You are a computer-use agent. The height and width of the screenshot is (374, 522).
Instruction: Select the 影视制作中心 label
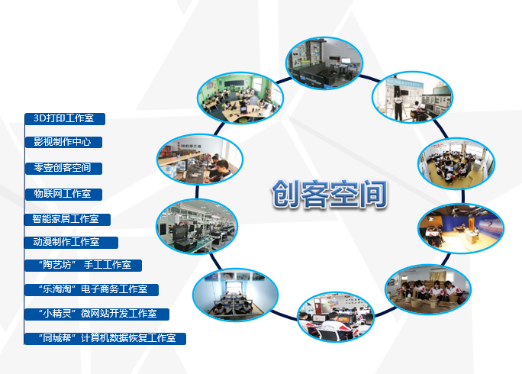pyautogui.click(x=63, y=142)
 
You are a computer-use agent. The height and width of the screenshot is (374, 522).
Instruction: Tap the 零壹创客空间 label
pyautogui.click(x=63, y=167)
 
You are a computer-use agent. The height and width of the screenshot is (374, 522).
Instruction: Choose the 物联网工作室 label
pyautogui.click(x=63, y=194)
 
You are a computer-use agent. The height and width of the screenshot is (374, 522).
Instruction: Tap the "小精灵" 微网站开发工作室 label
pyautogui.click(x=98, y=314)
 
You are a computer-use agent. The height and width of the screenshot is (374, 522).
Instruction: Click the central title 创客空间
pyautogui.click(x=330, y=195)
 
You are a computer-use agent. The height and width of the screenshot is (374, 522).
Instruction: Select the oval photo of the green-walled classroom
pyautogui.click(x=240, y=98)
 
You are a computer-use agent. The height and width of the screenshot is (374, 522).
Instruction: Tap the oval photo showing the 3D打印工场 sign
pyautogui.click(x=200, y=160)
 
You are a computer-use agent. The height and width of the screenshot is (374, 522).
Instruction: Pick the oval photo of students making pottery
pyautogui.click(x=428, y=290)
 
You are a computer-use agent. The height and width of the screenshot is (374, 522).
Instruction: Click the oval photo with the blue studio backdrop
pyautogui.click(x=461, y=228)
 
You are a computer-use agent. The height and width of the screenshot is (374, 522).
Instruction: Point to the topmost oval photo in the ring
pyautogui.click(x=324, y=63)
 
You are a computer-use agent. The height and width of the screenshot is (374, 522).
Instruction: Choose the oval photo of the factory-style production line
pyautogui.click(x=197, y=227)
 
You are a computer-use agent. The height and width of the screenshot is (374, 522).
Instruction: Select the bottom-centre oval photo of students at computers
pyautogui.click(x=336, y=317)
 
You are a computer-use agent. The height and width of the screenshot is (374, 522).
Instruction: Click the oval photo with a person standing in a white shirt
pyautogui.click(x=412, y=97)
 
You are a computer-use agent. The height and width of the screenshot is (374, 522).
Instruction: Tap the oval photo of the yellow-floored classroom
pyautogui.click(x=456, y=163)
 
